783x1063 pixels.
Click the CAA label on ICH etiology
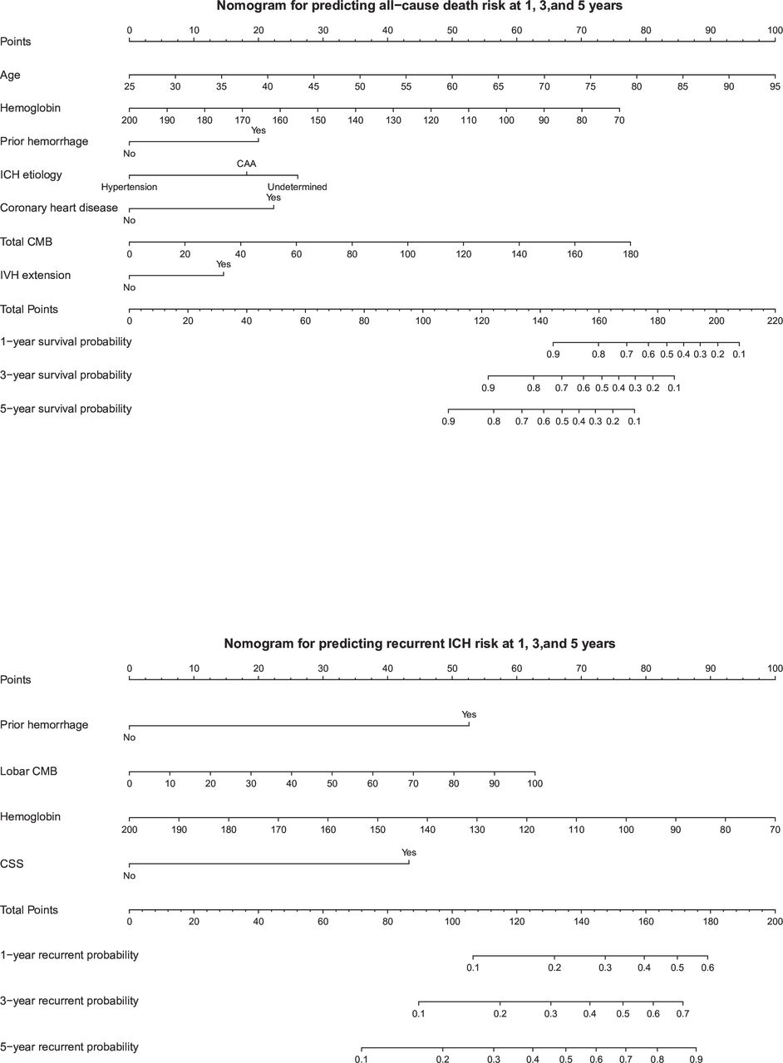point(246,164)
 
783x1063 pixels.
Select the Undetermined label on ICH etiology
point(298,187)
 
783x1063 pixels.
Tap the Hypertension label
point(129,187)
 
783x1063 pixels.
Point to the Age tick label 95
point(775,86)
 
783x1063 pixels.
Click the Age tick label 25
point(129,86)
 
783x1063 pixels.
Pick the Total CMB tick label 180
point(631,254)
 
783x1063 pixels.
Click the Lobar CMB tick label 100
point(535,783)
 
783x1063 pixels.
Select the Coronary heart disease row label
point(59,208)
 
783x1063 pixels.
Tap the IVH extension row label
point(35,275)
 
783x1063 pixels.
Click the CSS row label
point(12,864)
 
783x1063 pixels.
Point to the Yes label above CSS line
point(409,852)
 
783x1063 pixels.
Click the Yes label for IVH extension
point(224,264)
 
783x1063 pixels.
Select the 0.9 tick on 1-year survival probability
point(553,354)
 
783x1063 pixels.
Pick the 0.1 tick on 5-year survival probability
point(634,421)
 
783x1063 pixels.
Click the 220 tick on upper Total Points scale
point(775,321)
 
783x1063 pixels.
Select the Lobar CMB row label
point(28,772)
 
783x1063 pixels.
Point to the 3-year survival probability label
point(66,375)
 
